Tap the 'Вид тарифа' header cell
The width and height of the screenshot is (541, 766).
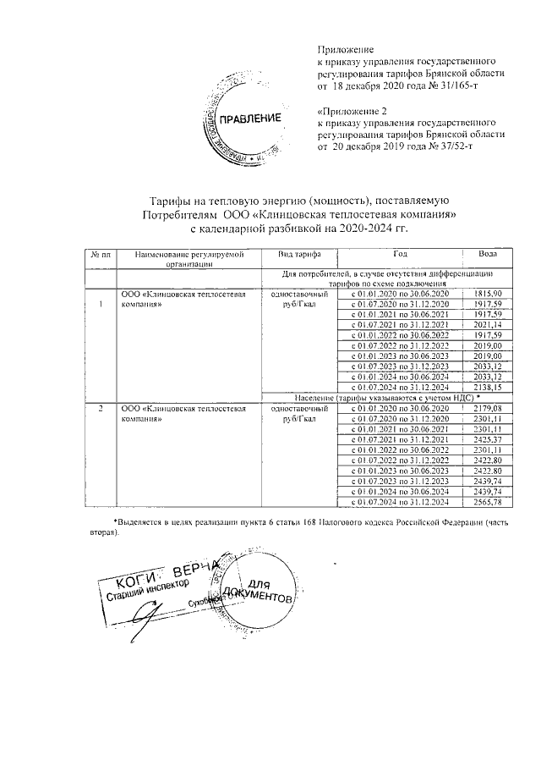click(x=295, y=254)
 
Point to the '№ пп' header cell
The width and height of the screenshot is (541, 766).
click(x=102, y=254)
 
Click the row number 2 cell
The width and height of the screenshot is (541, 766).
click(x=101, y=409)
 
